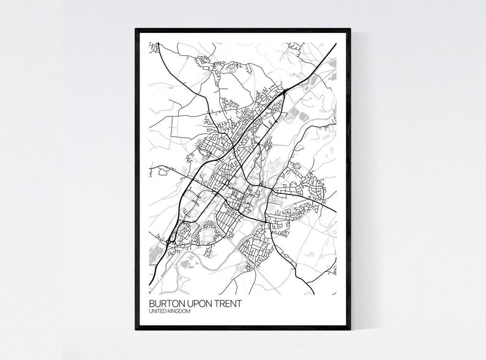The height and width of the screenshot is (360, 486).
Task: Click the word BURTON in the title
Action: tap(166, 303)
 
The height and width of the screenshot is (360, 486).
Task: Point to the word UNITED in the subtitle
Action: tap(157, 312)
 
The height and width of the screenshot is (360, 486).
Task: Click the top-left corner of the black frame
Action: tap(136, 29)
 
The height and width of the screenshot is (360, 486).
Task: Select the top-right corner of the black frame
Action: tap(350, 29)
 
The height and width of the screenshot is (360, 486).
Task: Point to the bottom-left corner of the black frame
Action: tap(136, 329)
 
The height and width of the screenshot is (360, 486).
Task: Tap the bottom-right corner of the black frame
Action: tap(350, 329)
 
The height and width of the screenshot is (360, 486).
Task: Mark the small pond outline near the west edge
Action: tap(163, 172)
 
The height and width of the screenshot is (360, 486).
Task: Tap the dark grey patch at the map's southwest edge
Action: tap(152, 253)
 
